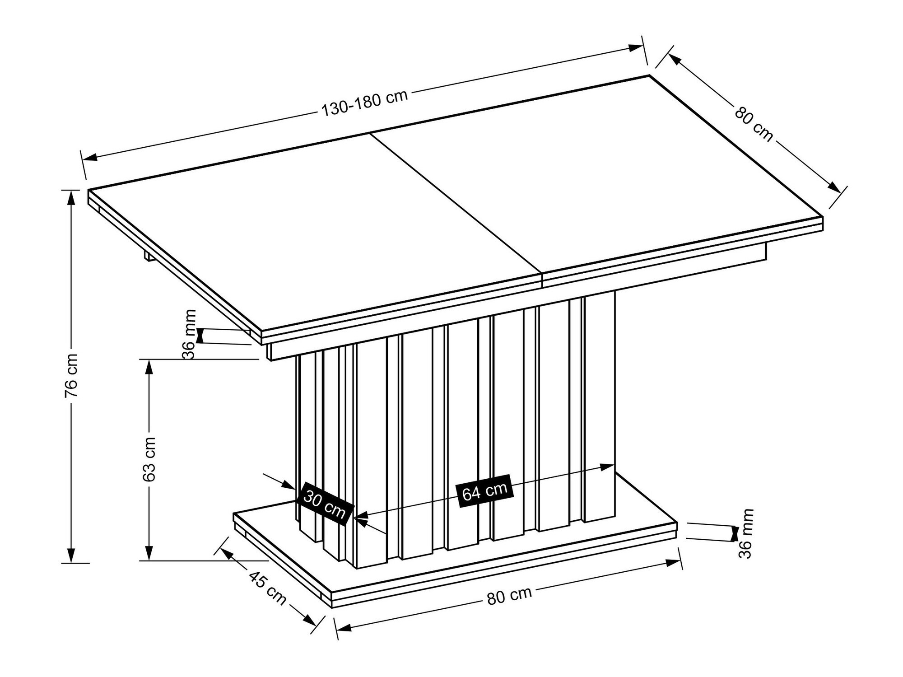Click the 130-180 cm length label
pyautogui.click(x=364, y=103)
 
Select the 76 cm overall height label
pyautogui.click(x=71, y=376)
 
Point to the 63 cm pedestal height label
pyautogui.click(x=149, y=459)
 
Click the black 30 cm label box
pyautogui.click(x=324, y=504)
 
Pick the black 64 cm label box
pyautogui.click(x=484, y=491)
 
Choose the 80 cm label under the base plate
pyautogui.click(x=509, y=597)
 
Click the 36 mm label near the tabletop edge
pyautogui.click(x=190, y=334)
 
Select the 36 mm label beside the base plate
pyautogui.click(x=746, y=533)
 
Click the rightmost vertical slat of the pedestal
pyautogui.click(x=600, y=406)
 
